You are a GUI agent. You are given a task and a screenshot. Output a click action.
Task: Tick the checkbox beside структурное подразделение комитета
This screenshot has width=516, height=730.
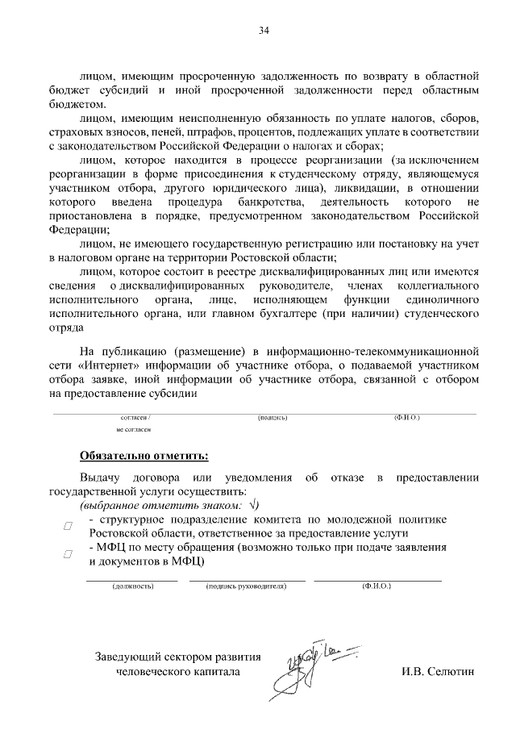(x=69, y=526)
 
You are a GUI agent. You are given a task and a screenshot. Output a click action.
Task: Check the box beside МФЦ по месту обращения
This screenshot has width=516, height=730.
(x=69, y=554)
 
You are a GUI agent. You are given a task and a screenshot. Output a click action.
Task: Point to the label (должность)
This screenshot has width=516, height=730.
(x=133, y=586)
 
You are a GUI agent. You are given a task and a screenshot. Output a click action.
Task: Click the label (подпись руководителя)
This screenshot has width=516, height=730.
(x=247, y=586)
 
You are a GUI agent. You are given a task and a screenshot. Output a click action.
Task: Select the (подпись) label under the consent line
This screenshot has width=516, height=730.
(x=273, y=418)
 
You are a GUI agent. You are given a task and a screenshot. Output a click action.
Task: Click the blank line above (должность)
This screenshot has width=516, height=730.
(x=133, y=580)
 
